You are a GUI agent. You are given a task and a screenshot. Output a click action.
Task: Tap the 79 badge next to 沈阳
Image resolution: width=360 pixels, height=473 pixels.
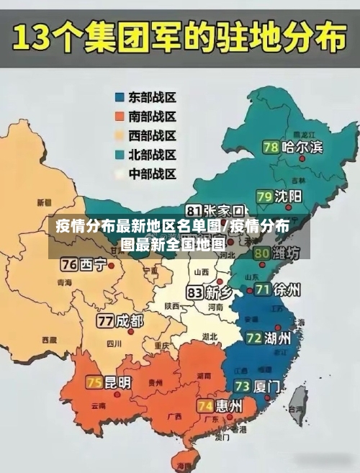(264, 196)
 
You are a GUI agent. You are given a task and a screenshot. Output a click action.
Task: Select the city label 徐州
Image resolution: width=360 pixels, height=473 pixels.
(287, 290)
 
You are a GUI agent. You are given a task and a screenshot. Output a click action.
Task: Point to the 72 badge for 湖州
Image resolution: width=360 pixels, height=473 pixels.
(253, 338)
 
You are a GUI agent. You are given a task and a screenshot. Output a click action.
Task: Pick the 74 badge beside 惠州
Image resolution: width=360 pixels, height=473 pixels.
(205, 406)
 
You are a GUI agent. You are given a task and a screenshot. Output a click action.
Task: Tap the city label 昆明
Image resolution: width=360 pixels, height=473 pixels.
(118, 382)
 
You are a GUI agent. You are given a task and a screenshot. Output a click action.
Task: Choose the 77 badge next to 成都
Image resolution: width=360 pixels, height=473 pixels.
(106, 320)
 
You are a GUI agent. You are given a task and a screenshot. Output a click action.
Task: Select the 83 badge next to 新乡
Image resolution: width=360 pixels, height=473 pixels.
(194, 293)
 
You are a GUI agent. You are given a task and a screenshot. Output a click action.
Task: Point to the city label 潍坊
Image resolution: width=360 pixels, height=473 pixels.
(287, 253)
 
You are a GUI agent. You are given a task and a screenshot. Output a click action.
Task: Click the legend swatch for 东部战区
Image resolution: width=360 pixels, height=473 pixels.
(119, 96)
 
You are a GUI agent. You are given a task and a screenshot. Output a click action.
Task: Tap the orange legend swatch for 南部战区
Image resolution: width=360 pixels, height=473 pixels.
(119, 116)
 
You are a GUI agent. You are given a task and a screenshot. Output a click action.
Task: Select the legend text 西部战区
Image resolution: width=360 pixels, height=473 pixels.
(152, 135)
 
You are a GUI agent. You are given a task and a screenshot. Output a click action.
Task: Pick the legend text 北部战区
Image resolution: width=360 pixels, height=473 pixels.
(152, 155)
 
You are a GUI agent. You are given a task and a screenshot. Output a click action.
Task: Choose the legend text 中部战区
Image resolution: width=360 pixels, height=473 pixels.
(152, 174)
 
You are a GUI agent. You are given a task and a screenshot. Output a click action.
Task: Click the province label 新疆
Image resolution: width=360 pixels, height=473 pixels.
(45, 202)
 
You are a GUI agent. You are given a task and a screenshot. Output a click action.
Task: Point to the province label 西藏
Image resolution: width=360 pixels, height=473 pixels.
(49, 339)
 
